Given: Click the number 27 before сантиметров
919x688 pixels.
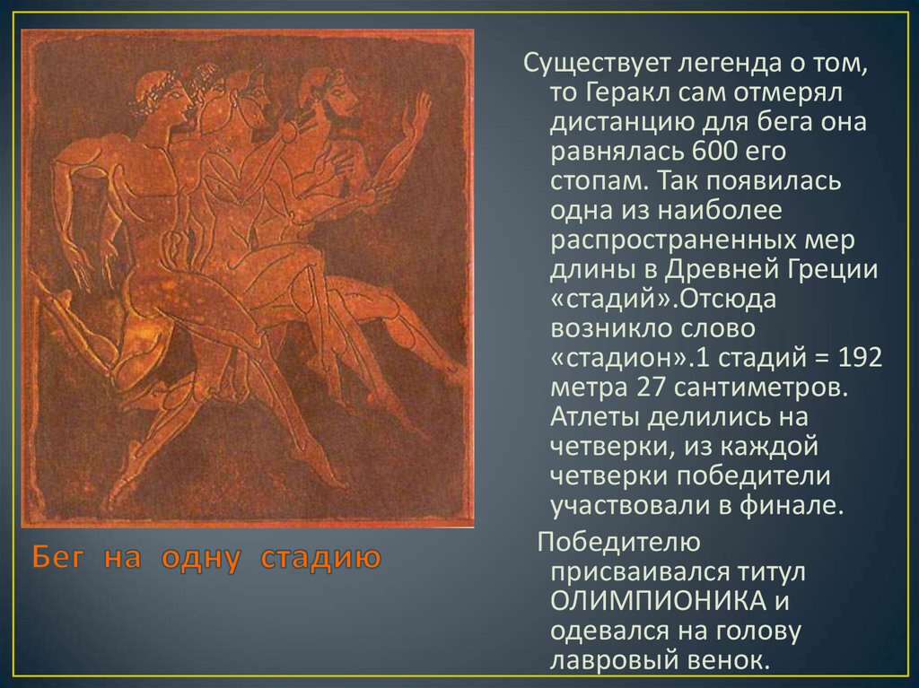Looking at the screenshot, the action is [652, 387].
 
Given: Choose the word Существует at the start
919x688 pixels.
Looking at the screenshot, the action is [596, 64].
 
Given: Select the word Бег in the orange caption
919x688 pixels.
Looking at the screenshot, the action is [58, 557].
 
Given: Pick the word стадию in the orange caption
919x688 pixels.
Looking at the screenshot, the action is [320, 559].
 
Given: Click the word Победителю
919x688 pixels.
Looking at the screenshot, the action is [619, 542].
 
